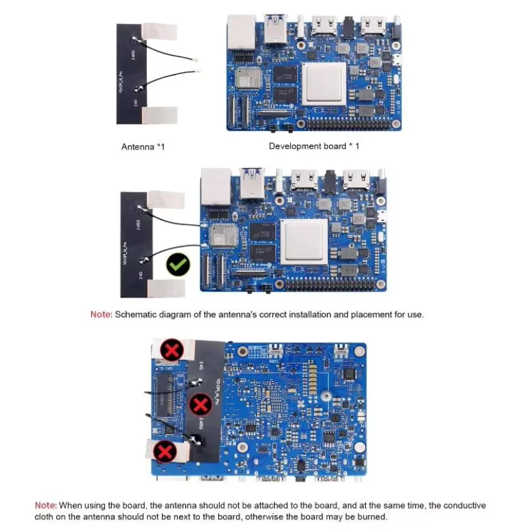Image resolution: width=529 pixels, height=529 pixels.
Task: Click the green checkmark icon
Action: pyautogui.click(x=177, y=265)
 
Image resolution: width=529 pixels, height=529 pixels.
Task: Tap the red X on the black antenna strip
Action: pyautogui.click(x=200, y=405)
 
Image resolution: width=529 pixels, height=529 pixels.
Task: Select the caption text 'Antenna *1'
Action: pyautogui.click(x=143, y=146)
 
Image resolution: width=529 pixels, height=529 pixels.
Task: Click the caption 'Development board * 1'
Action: pyautogui.click(x=313, y=145)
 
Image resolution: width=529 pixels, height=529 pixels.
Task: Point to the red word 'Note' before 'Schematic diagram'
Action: pyautogui.click(x=101, y=315)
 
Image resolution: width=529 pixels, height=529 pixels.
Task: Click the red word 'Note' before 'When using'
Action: pyautogui.click(x=46, y=505)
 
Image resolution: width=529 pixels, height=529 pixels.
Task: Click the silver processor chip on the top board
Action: pyautogui.click(x=324, y=84)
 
